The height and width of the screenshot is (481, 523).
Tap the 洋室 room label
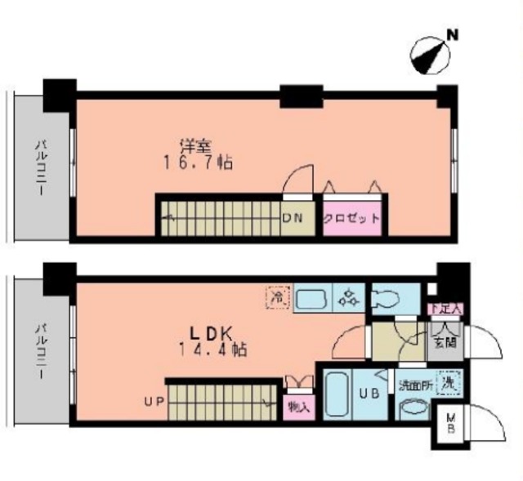(x=196, y=147)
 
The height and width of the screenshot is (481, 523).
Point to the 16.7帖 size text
(x=197, y=163)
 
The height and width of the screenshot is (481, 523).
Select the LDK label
(x=212, y=334)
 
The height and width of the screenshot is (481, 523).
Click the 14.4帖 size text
(x=213, y=350)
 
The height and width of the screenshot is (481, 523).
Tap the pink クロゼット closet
(x=351, y=218)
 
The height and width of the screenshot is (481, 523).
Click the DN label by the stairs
(x=292, y=218)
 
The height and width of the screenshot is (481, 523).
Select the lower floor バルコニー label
(x=39, y=352)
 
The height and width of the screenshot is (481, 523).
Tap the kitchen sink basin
(x=311, y=299)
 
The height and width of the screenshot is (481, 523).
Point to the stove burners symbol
(x=349, y=299)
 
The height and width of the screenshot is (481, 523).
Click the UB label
(x=369, y=394)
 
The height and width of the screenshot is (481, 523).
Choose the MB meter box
(x=449, y=425)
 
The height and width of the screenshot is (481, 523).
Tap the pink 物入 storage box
(x=298, y=406)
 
